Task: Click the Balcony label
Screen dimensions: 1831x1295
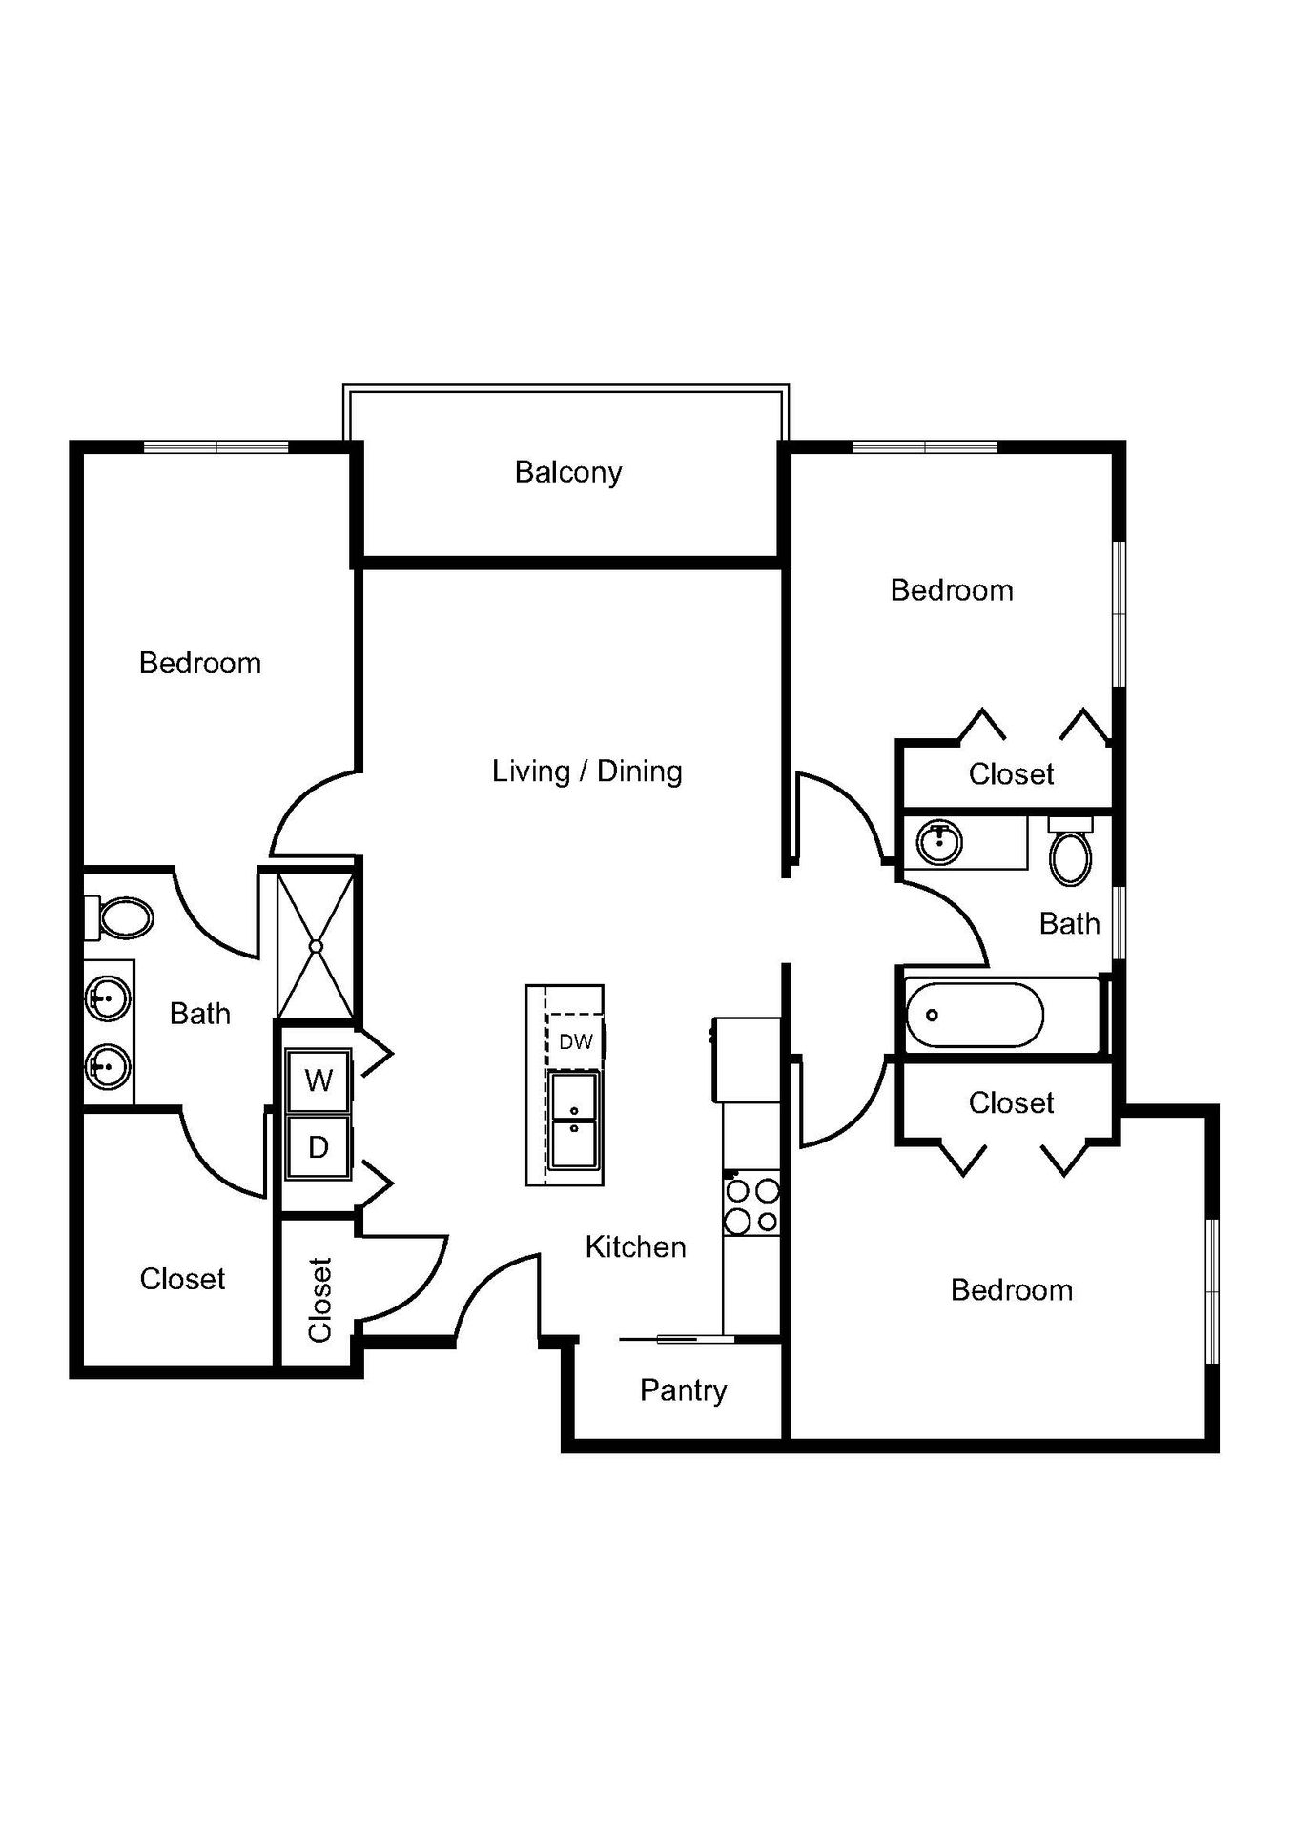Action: (568, 472)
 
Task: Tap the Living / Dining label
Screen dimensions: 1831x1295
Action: (586, 771)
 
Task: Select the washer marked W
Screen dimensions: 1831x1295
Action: (319, 1080)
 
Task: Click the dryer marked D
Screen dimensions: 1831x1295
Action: (319, 1147)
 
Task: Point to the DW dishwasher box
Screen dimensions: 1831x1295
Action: (575, 1041)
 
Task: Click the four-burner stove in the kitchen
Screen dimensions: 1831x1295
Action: (751, 1205)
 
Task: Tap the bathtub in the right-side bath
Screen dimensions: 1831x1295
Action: (975, 1015)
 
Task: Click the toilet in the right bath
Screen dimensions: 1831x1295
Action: (1071, 854)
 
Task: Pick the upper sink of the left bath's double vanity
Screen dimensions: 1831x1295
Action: (108, 1000)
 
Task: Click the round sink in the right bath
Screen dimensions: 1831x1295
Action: (939, 841)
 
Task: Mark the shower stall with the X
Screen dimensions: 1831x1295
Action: (316, 945)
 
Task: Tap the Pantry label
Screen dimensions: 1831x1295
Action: (683, 1390)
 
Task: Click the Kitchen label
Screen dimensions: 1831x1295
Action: (635, 1246)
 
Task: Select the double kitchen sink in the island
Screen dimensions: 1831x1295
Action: (574, 1120)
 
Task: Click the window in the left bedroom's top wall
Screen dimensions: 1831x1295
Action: (216, 446)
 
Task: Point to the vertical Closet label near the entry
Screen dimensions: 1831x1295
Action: (319, 1300)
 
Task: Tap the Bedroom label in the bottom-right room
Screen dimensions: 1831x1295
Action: (1011, 1290)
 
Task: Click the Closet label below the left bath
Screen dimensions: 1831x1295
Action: (182, 1279)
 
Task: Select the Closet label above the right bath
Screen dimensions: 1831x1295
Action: (1011, 773)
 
